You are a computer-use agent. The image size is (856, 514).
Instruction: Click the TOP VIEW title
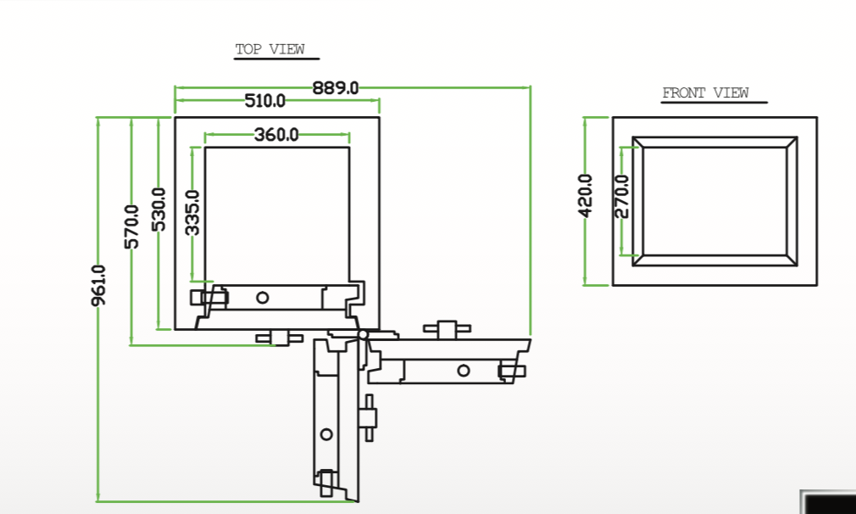coord(270,49)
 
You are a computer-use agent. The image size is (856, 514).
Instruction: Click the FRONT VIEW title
coord(705,92)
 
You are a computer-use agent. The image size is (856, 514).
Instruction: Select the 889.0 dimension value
coord(335,88)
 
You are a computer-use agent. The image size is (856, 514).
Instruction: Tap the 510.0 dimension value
coord(264,101)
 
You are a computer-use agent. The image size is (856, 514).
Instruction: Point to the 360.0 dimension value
coord(276,135)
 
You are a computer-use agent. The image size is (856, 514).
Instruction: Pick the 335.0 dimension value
coord(192,213)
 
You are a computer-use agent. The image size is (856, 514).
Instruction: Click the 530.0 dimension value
coord(158,210)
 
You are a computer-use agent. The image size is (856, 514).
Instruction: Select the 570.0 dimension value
coord(131,226)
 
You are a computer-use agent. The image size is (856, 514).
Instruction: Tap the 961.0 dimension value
coord(99,286)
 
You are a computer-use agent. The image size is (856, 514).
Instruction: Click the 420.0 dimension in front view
coord(586,196)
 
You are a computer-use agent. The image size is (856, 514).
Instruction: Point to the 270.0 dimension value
coord(622,197)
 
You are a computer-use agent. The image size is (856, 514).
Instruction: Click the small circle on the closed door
coord(263,298)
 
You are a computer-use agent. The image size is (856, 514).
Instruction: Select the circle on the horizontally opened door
coord(464,371)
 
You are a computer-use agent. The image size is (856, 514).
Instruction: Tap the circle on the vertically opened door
coord(326,435)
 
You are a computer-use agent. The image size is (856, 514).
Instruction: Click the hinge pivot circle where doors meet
coord(363,334)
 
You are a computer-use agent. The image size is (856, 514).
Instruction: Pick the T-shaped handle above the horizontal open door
coord(447,329)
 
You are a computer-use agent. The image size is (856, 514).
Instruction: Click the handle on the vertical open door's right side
coord(369,418)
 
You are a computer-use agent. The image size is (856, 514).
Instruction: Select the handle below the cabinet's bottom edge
coord(280,338)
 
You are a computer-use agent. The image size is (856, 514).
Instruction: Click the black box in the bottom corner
coord(829,502)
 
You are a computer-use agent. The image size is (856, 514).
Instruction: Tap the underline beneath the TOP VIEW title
coord(276,59)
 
